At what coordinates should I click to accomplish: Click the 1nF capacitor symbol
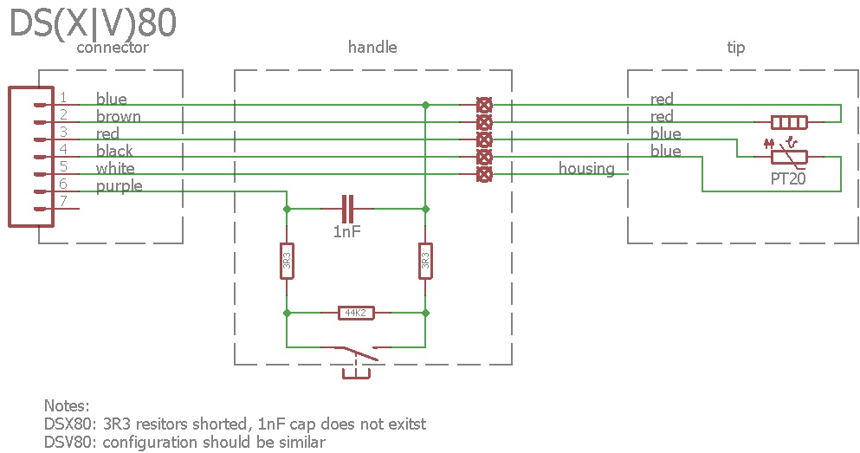click(348, 209)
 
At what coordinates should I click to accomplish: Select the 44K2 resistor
click(356, 313)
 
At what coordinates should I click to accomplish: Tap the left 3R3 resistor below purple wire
click(287, 260)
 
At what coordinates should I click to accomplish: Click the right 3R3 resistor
click(425, 260)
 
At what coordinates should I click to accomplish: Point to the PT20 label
click(787, 178)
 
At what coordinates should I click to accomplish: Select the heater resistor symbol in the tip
click(789, 122)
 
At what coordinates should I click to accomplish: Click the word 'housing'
click(586, 168)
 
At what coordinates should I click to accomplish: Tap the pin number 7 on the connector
click(63, 202)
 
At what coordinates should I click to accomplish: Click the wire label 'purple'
click(119, 185)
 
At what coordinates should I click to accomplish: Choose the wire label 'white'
click(115, 168)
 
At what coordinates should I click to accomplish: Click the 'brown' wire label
click(118, 116)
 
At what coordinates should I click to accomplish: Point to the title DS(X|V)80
click(93, 23)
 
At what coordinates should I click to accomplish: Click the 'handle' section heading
click(372, 47)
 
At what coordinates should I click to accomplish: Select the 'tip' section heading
click(736, 47)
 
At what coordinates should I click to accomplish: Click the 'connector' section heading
click(113, 47)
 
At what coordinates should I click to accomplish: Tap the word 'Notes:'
click(67, 405)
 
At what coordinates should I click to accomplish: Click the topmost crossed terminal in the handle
click(485, 105)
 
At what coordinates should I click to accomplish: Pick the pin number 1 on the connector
click(63, 98)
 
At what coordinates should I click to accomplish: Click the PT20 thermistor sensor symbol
click(789, 156)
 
